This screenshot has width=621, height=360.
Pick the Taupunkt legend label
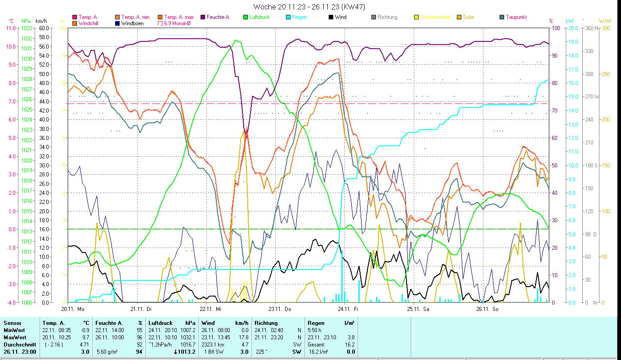coord(516,17)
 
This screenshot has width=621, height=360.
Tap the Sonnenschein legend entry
coord(436,17)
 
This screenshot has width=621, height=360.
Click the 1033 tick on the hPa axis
coord(27,28)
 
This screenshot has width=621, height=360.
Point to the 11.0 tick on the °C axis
coord(10,28)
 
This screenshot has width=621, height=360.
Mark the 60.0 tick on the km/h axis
coord(44,28)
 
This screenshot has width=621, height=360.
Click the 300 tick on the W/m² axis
coord(605,28)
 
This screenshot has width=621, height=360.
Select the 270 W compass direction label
coord(590,97)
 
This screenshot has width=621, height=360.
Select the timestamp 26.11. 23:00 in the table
coord(20,351)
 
